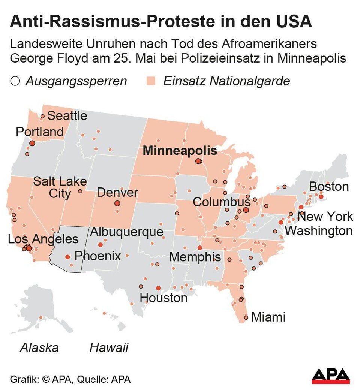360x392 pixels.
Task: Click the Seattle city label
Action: [67, 115]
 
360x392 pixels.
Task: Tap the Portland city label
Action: [40, 132]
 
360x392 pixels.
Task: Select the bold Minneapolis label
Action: [180, 151]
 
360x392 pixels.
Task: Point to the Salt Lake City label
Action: [60, 187]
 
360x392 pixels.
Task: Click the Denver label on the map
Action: [117, 193]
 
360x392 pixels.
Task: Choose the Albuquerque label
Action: [127, 232]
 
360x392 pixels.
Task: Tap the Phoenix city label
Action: [97, 256]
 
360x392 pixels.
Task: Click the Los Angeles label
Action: [43, 239]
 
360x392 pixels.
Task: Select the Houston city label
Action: [163, 298]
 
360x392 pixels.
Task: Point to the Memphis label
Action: [195, 257]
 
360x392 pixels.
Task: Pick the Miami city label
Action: [268, 317]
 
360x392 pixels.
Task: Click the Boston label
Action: [328, 187]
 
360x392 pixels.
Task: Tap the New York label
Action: [325, 216]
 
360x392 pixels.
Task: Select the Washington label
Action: [319, 230]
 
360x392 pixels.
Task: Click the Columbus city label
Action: [216, 202]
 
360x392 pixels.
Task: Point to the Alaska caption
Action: [39, 347]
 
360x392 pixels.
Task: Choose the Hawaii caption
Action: [109, 347]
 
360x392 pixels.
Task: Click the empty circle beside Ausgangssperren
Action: [15, 81]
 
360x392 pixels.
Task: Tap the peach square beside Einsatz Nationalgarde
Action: [151, 81]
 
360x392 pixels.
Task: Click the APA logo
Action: [331, 376]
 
